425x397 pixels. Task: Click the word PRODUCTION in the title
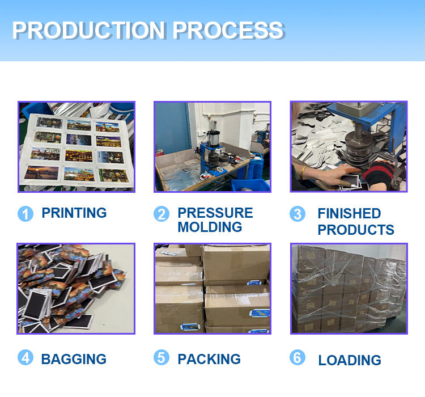click(87, 30)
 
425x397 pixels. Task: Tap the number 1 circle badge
click(25, 214)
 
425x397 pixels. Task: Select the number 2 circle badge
click(161, 214)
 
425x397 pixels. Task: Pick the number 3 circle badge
click(297, 214)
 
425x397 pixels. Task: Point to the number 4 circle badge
click(25, 358)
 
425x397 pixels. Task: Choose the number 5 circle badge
click(161, 358)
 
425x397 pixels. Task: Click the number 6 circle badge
click(297, 358)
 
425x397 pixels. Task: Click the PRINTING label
click(74, 213)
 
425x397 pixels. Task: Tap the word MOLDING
click(210, 227)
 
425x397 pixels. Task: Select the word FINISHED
click(349, 214)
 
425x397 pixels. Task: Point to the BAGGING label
click(74, 359)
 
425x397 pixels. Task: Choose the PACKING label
click(209, 359)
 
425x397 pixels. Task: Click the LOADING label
click(350, 360)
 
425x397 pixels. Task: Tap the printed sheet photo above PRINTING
click(76, 147)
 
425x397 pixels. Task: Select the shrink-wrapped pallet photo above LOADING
click(348, 289)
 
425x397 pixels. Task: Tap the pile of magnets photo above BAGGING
click(76, 289)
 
